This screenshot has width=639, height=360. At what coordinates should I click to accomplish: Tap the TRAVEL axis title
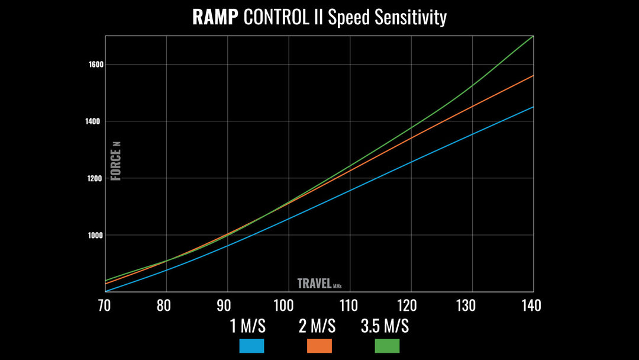coord(314,283)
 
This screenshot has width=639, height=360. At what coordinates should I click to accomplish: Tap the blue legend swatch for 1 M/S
coord(251,346)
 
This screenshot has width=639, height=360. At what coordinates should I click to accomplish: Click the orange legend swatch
coord(319,346)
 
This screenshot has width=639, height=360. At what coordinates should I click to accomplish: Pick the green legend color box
coord(388,346)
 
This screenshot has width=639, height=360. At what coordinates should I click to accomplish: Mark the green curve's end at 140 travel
coord(533,37)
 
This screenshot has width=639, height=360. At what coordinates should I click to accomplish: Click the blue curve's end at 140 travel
coord(533,107)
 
